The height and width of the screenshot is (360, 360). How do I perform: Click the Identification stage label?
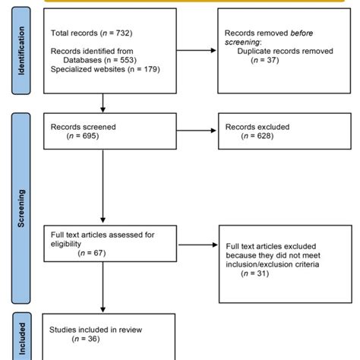21,52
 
